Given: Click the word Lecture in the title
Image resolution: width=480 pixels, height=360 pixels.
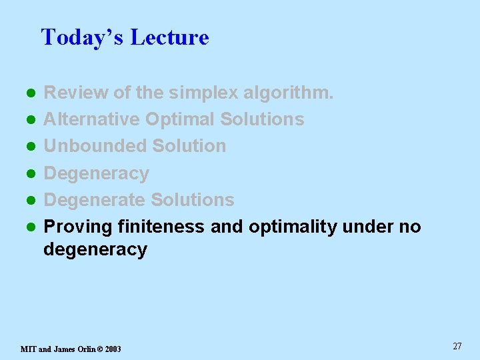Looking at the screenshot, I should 169,37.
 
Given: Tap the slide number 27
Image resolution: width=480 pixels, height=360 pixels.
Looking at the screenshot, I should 457,346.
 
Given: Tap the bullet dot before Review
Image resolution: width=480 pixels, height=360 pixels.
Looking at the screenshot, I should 29,93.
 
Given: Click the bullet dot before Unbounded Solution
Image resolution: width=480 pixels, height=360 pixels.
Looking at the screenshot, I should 29,147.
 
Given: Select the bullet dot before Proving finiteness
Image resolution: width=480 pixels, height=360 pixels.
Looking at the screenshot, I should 29,227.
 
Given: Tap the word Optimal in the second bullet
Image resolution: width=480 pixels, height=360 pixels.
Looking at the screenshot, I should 180,119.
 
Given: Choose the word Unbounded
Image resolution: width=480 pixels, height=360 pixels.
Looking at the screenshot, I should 95,146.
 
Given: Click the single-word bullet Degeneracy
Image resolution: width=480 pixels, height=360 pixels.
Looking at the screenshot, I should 96,173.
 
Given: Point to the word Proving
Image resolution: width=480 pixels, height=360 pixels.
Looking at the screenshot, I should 77,227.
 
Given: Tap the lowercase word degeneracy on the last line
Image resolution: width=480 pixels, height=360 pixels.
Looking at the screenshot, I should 95,250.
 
